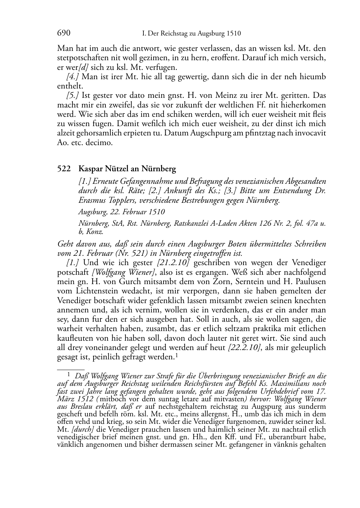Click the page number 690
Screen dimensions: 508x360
pos(64,33)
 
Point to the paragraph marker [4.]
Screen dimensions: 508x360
pos(73,77)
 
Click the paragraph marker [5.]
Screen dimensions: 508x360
pos(73,96)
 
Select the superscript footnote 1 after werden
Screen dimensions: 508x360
pos(177,355)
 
